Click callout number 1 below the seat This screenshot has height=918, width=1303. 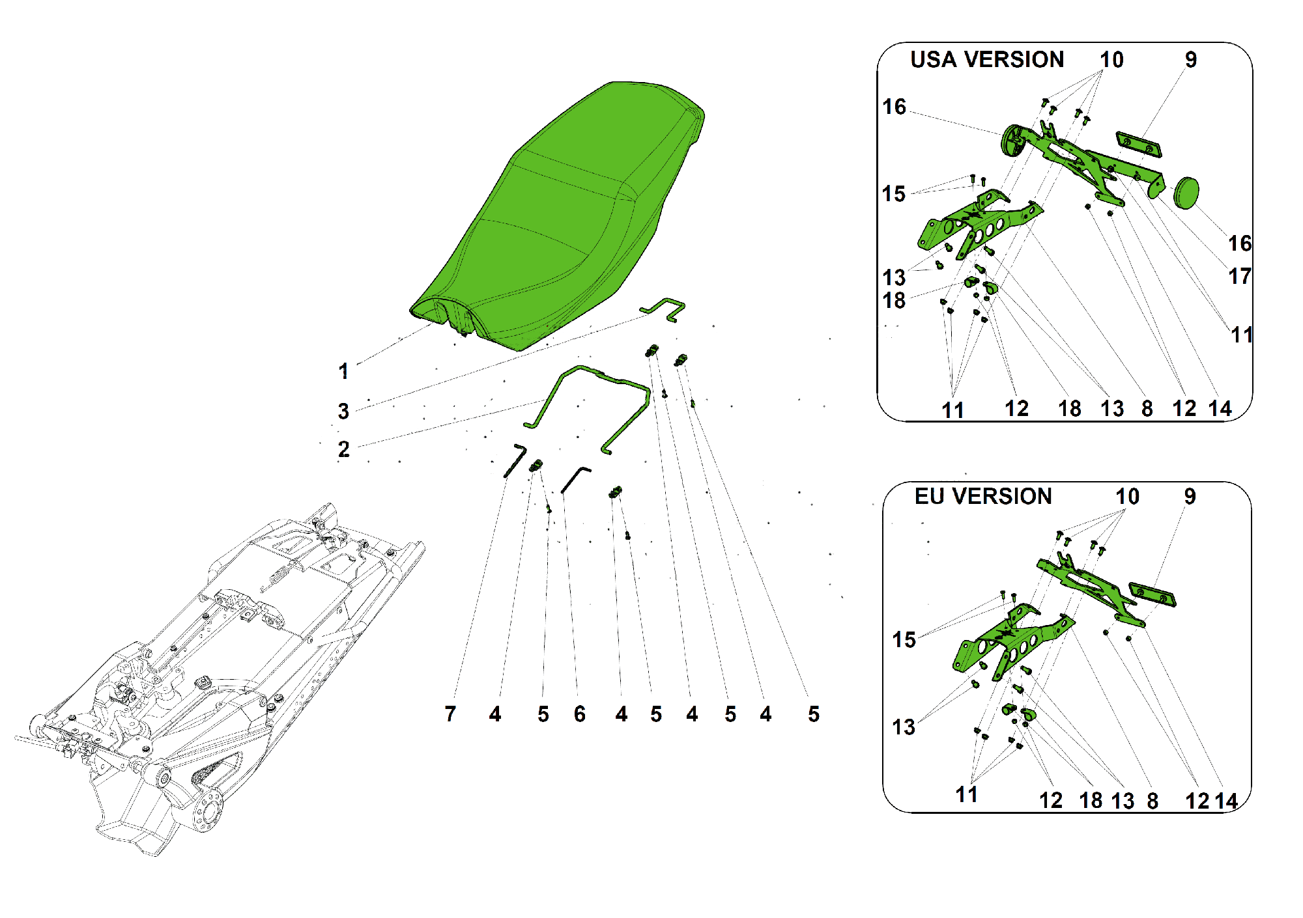pos(343,372)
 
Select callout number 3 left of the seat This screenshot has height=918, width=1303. pos(343,411)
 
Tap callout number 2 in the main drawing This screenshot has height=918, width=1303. pos(343,449)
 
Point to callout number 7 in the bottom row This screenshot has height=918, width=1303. pos(450,714)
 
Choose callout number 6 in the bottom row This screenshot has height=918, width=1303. pos(580,714)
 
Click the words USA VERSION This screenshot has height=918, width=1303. pos(987,59)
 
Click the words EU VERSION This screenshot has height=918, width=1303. pos(983,496)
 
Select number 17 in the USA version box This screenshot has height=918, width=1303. pos(1240,276)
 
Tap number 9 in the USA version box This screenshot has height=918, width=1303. pos(1191,60)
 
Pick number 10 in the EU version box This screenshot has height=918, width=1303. pos(1127,497)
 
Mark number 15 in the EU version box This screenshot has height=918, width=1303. pos(904,640)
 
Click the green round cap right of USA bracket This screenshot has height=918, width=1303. pos(1186,193)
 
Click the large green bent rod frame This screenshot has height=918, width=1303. pos(590,407)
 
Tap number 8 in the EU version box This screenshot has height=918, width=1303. pos(1153,801)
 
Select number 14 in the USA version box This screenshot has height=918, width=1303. pos(1220,409)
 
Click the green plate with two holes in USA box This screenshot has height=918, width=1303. pos(1139,145)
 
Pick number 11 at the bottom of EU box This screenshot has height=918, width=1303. pos(966,795)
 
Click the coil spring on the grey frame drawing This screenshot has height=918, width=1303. pos(277,577)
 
